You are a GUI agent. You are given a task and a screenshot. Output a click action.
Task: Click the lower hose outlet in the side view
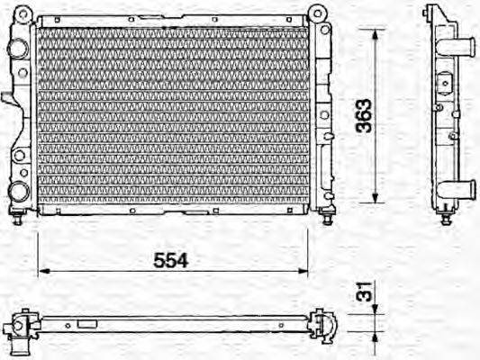[x=466, y=189]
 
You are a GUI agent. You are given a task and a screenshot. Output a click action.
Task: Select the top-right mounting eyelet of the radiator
[x=317, y=14]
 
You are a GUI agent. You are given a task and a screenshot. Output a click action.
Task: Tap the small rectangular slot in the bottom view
[x=86, y=323]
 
